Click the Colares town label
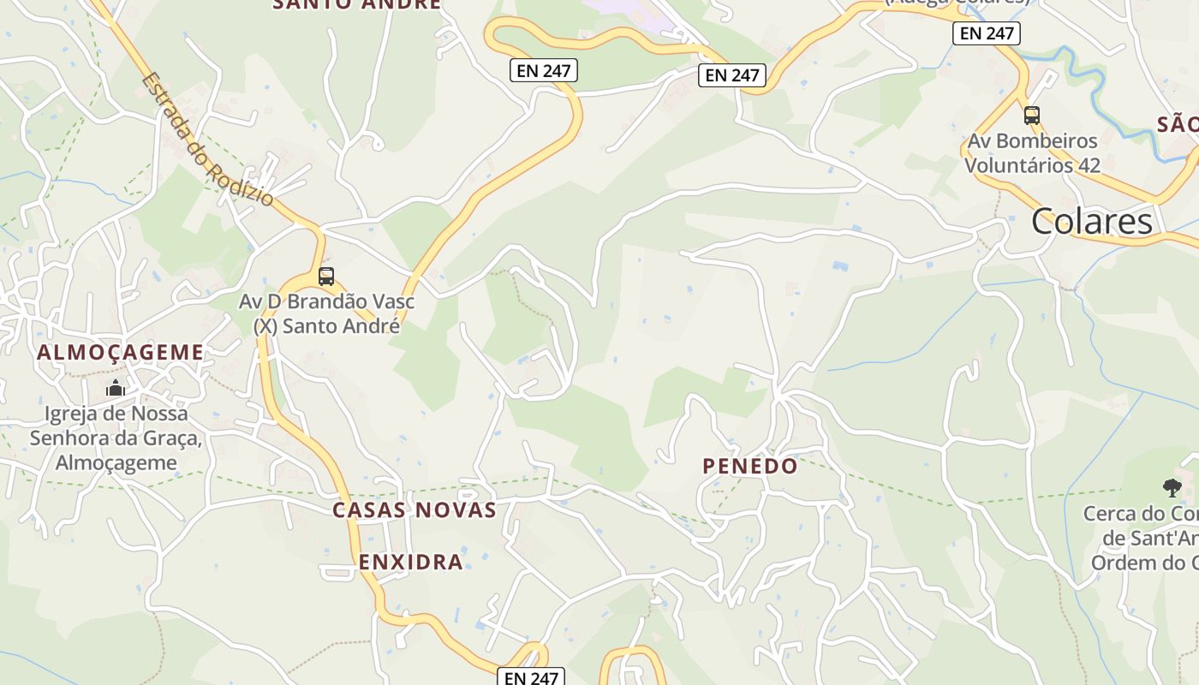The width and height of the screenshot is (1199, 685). click(1092, 222)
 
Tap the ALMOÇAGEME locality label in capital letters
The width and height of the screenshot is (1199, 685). click(121, 352)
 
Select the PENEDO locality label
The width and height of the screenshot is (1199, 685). click(750, 467)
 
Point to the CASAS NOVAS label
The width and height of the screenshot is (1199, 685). click(415, 510)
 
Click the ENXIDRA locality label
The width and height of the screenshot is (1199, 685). click(411, 563)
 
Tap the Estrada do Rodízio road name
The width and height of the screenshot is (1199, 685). click(208, 140)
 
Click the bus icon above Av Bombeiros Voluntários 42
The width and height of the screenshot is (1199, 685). click(1031, 116)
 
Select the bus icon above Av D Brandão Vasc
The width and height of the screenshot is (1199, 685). click(326, 277)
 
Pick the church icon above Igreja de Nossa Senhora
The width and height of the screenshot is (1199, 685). click(116, 390)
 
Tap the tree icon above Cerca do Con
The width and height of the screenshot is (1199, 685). click(1172, 488)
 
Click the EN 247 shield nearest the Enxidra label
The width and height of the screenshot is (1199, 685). click(531, 677)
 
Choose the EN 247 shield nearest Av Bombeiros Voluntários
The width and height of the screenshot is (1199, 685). click(987, 33)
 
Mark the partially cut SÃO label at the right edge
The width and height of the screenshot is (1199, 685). click(1178, 125)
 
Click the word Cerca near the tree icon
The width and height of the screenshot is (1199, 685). click(1112, 514)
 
